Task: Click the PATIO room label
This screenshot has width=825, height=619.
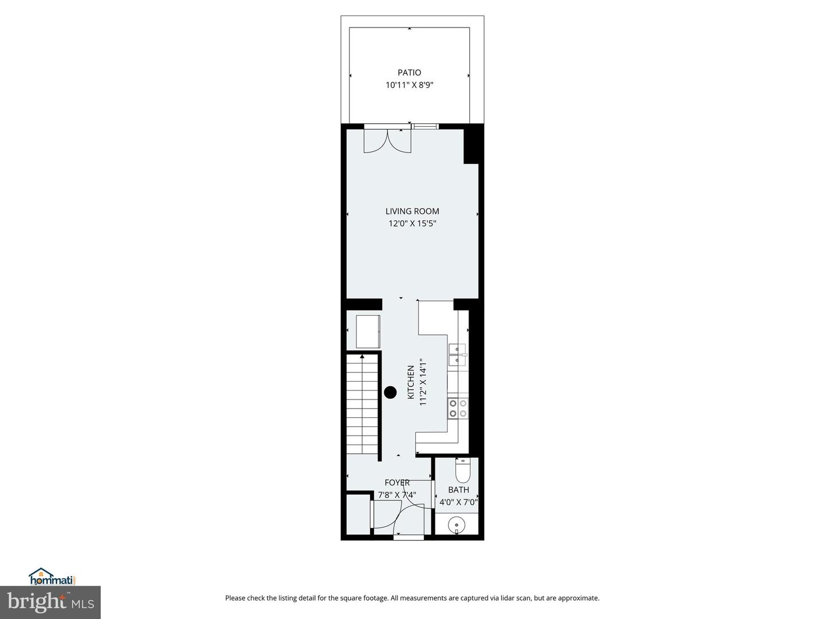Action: pos(409,73)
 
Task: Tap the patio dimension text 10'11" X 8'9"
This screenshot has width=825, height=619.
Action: pos(409,85)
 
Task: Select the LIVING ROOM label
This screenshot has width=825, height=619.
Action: pos(412,211)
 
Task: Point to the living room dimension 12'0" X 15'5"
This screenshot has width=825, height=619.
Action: pos(412,224)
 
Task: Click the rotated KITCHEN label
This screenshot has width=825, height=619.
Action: pos(411,382)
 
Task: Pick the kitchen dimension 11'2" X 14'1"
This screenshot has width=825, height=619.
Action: pos(423,382)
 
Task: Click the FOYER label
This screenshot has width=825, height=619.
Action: pos(397,483)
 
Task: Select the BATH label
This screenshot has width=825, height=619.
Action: pos(458,489)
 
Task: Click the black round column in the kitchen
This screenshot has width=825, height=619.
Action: pos(390,393)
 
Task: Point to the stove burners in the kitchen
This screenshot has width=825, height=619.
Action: pos(458,408)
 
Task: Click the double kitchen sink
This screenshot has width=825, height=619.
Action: pos(458,355)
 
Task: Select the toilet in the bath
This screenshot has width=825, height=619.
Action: pos(462,472)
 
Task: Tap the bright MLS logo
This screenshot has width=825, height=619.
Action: pos(50,602)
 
